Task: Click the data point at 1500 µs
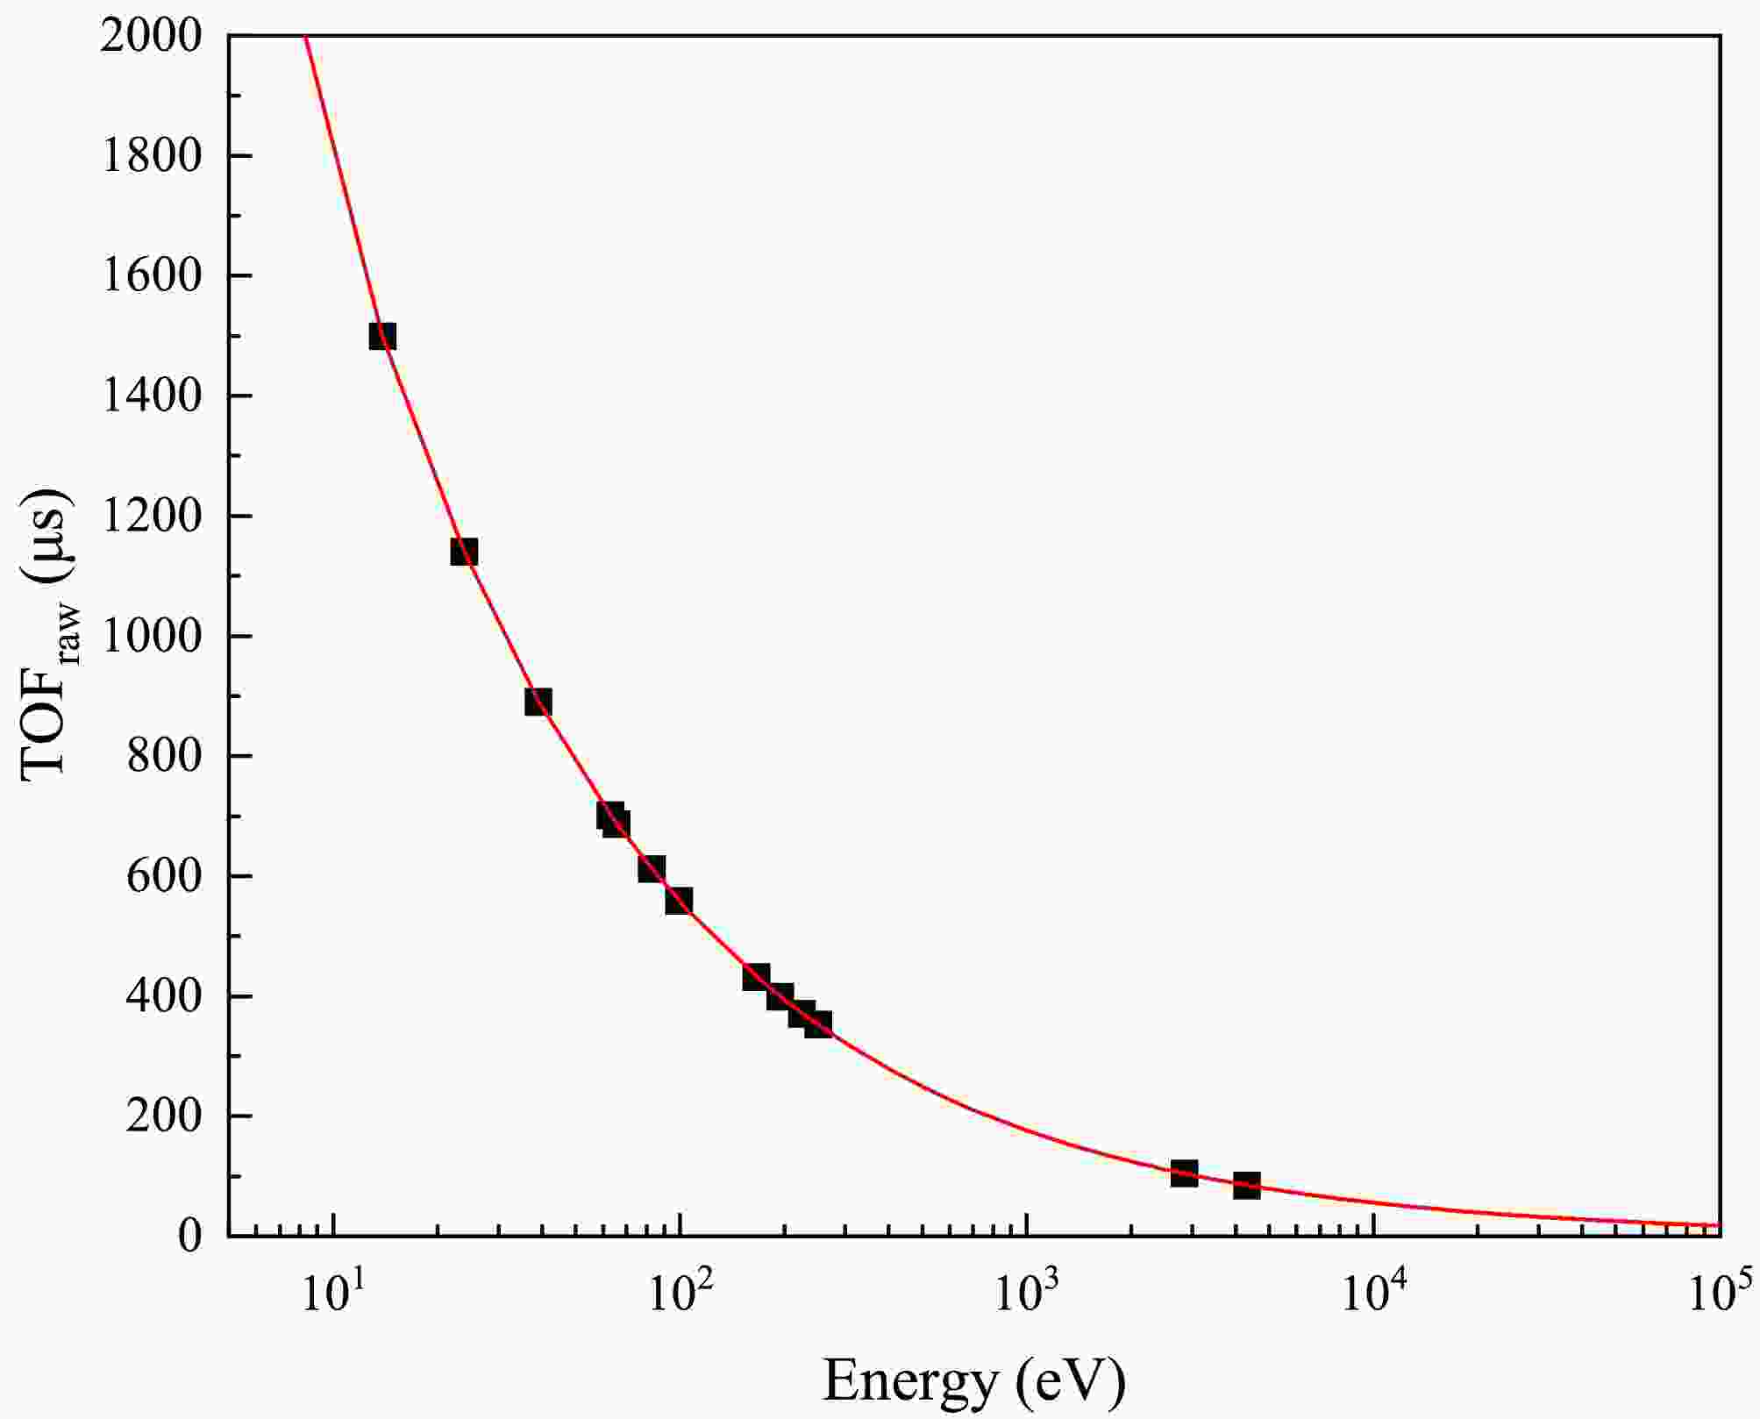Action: (382, 336)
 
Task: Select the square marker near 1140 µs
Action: (463, 552)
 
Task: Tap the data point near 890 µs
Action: (538, 702)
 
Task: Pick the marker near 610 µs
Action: (651, 869)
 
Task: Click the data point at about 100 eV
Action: (679, 900)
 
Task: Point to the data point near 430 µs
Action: (756, 977)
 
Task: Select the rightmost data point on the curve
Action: (1246, 1186)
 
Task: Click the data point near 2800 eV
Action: (1184, 1173)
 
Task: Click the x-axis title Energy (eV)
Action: (973, 1380)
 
